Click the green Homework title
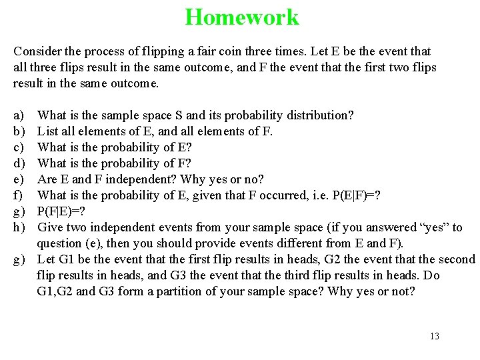(x=242, y=17)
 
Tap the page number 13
(x=435, y=336)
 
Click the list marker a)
(x=19, y=115)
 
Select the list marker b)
(x=19, y=131)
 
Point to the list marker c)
(x=19, y=147)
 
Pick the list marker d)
(x=19, y=163)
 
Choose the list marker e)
(x=19, y=179)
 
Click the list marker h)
(x=19, y=227)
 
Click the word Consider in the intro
(x=35, y=51)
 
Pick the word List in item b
(x=47, y=131)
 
